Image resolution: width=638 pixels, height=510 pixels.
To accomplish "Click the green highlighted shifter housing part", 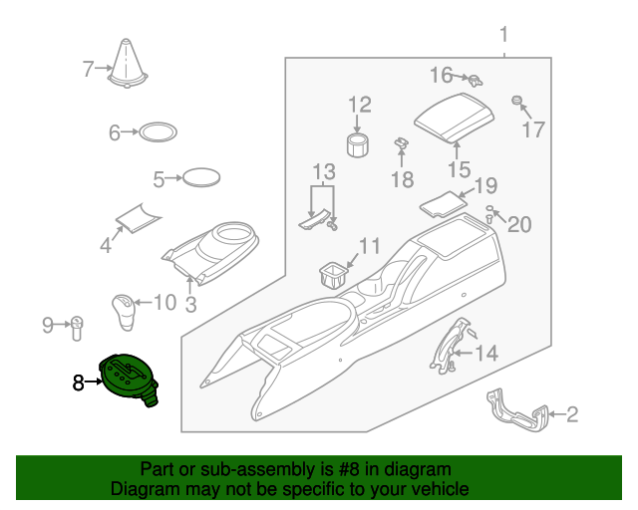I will click(x=129, y=379).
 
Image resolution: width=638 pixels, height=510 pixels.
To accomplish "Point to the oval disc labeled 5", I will click(x=202, y=179).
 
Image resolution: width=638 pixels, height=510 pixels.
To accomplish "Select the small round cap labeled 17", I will click(x=517, y=101).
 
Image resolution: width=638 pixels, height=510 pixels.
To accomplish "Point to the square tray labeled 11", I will click(x=333, y=272).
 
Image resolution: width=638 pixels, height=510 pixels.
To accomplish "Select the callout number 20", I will click(x=520, y=224).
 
